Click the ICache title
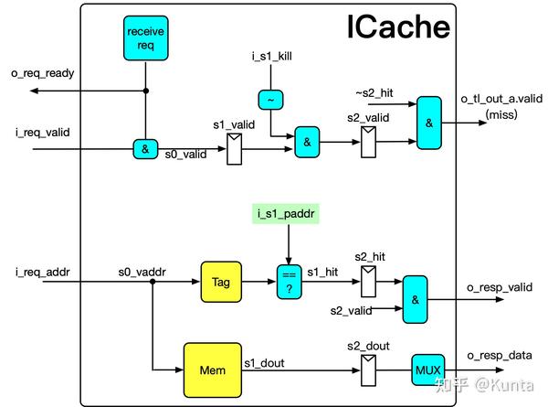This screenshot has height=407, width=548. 399,27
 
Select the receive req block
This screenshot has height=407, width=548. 145,39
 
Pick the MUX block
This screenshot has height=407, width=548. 427,370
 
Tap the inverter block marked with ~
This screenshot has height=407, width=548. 271,99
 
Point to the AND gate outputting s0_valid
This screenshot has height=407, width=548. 145,148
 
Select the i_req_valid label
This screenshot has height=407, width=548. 43,133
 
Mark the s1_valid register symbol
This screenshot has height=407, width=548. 234,146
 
